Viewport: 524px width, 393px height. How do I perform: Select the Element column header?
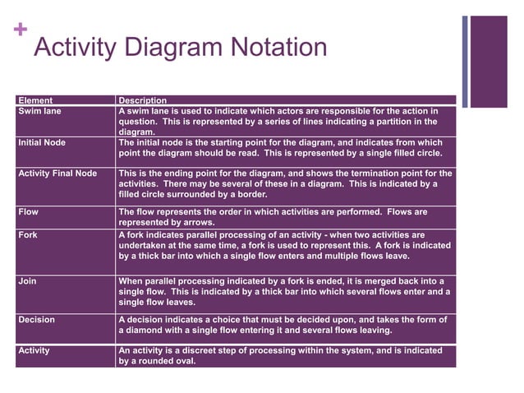click(x=35, y=100)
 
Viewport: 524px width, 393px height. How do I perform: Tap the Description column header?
click(x=143, y=100)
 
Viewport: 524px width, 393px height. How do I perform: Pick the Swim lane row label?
click(x=39, y=110)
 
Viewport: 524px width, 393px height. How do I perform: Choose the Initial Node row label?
click(x=42, y=142)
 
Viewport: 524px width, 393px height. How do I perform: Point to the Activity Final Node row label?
click(x=57, y=173)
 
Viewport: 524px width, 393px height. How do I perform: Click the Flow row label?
click(x=28, y=211)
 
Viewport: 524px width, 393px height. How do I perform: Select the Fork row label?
click(x=28, y=234)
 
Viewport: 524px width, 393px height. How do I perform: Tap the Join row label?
click(x=27, y=280)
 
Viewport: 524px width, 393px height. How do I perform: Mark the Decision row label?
click(x=36, y=319)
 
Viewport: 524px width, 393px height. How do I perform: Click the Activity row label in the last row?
click(x=34, y=350)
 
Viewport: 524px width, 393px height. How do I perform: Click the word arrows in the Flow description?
click(x=197, y=222)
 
